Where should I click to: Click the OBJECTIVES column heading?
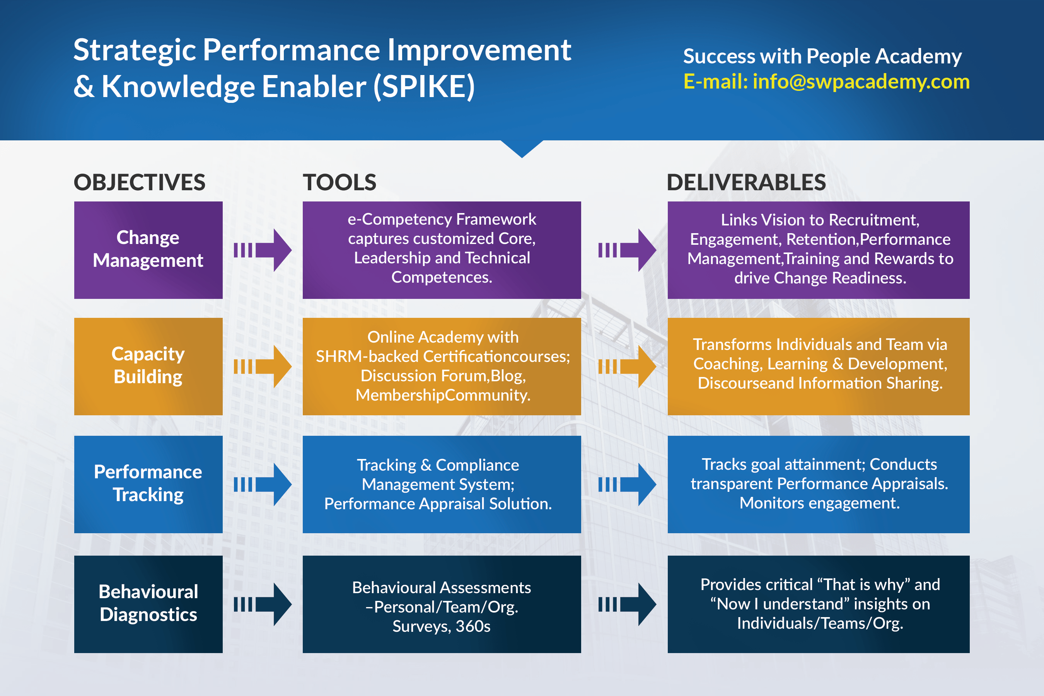[139, 183]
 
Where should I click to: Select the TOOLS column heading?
[339, 183]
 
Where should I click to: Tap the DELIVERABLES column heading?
[746, 183]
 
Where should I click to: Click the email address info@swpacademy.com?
[861, 82]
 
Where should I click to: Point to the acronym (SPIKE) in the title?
[424, 87]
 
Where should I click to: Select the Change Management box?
[148, 250]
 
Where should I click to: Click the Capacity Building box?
[148, 366]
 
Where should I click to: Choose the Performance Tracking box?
[148, 484]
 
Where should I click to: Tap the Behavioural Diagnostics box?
[148, 604]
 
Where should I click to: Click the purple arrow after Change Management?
[263, 250]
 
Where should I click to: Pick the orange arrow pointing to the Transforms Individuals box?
[628, 366]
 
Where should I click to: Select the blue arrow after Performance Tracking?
[263, 484]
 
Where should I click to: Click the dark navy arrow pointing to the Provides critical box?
[628, 604]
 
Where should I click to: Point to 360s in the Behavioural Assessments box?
[473, 626]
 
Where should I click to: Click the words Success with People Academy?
[822, 56]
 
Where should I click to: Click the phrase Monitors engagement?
[819, 503]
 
